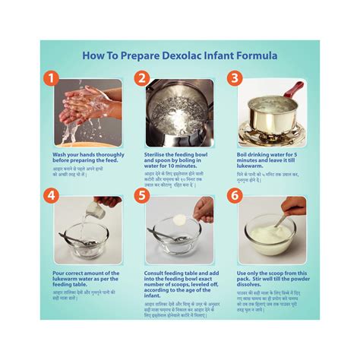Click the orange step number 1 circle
tap(49, 78)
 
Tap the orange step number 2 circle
tap(141, 78)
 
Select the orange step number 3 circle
tap(235, 78)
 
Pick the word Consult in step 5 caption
tap(156, 273)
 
